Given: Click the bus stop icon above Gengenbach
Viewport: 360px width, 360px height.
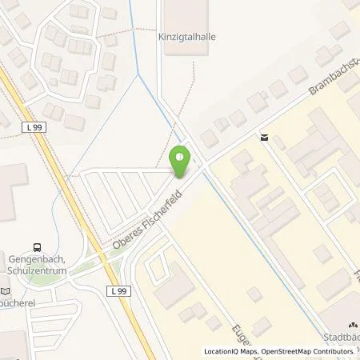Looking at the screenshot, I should click(36, 249).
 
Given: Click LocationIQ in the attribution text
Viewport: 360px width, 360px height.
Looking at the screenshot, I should click(222, 351).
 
